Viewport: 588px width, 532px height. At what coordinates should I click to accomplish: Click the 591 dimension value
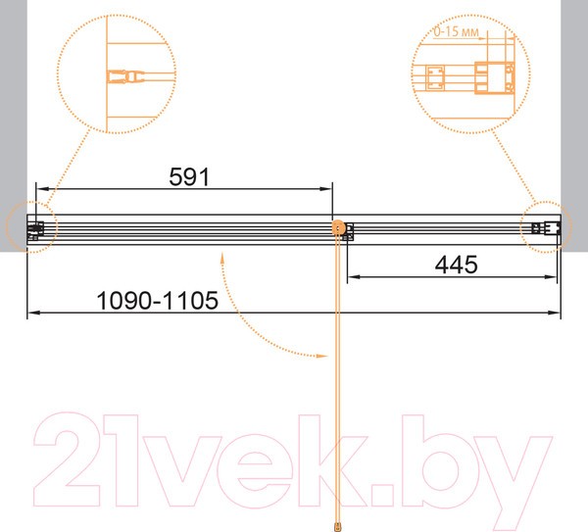point(189,177)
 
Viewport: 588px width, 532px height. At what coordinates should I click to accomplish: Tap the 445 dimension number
point(456,265)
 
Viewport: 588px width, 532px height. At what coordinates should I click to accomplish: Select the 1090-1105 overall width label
point(157,301)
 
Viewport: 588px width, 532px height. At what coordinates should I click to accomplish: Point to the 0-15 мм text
point(456,31)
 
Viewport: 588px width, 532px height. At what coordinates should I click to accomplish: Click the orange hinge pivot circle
point(338,227)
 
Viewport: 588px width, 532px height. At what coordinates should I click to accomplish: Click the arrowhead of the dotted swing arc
point(322,356)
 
